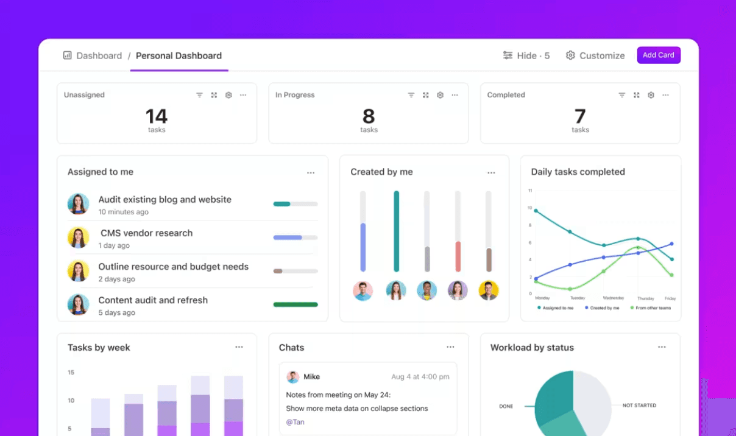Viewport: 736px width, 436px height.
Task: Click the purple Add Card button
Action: [659, 55]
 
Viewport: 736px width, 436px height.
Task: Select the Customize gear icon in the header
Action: [570, 55]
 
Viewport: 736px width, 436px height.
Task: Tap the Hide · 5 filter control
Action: [526, 55]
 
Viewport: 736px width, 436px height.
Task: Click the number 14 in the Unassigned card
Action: [157, 116]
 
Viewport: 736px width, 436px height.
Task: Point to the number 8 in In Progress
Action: [369, 116]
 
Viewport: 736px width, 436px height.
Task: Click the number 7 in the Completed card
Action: [580, 116]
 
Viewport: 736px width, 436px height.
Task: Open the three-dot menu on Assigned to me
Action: [311, 173]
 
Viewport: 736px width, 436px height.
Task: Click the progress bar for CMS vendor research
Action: [295, 237]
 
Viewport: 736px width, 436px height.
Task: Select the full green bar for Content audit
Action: [295, 304]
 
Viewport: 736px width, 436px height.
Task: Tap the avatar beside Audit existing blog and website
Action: [78, 204]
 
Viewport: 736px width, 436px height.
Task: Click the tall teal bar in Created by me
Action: [396, 231]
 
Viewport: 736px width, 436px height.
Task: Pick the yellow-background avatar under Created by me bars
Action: [489, 290]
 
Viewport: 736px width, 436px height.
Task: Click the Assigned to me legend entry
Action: [555, 308]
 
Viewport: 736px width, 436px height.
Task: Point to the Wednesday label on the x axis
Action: [613, 298]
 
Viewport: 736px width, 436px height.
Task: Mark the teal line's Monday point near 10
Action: [536, 211]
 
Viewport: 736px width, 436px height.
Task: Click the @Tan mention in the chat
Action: [295, 422]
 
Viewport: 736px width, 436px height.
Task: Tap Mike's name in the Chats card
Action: [311, 376]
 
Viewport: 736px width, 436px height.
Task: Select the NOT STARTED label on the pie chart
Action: [639, 406]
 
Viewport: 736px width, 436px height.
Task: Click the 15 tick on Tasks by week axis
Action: [71, 372]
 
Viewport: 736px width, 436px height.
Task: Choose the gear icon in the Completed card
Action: [651, 95]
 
